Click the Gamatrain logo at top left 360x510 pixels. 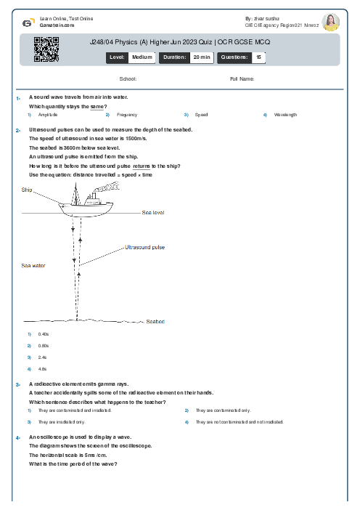(28, 22)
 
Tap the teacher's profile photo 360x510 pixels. (330, 22)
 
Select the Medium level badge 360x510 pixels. (142, 57)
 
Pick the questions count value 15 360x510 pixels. (258, 57)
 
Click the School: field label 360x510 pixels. (128, 78)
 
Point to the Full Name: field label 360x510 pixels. (242, 78)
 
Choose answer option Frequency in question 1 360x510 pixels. (126, 115)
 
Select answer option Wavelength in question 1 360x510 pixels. (285, 115)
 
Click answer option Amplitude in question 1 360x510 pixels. (48, 115)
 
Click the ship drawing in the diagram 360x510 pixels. (87, 206)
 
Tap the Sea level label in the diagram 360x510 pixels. (153, 213)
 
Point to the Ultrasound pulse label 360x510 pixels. (145, 247)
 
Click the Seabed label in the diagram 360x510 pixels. (155, 321)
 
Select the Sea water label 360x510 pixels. (33, 266)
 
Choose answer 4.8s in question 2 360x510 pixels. (43, 369)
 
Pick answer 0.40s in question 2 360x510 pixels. (44, 334)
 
